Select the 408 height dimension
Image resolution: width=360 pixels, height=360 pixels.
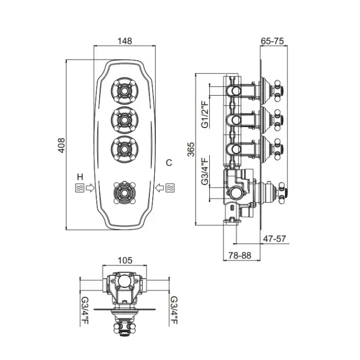60,145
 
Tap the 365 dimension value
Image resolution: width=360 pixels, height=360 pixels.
190,149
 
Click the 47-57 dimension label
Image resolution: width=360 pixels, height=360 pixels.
274,239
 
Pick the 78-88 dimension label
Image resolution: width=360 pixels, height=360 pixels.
240,255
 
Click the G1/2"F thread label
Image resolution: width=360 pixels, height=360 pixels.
204,115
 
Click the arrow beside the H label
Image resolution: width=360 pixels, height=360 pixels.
90,187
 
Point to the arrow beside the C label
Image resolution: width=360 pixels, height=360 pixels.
159,187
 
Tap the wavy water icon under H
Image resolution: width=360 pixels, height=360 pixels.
79,187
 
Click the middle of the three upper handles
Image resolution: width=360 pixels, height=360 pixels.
124,120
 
